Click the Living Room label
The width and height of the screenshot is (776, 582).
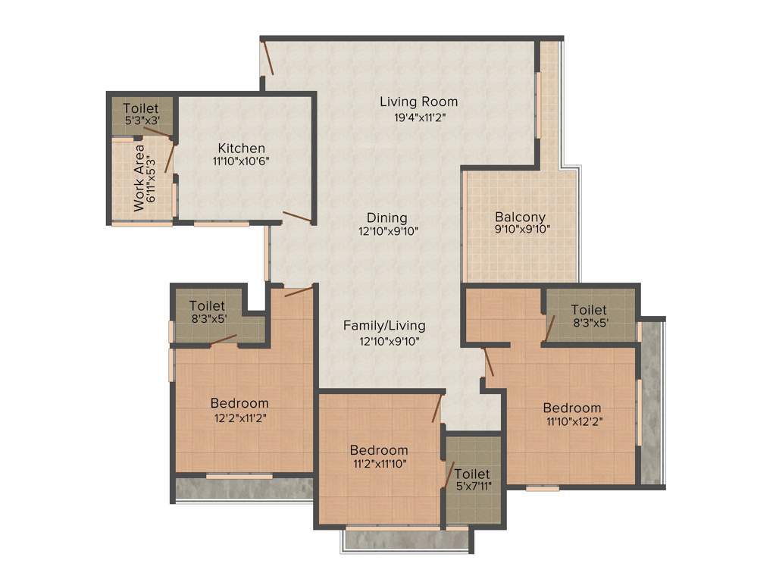[418, 102]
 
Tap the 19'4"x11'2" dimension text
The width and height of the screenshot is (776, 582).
[418, 117]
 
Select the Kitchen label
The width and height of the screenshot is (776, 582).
[242, 148]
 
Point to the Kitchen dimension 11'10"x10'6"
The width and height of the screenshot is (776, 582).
[242, 161]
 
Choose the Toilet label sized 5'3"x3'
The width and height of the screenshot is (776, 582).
[141, 109]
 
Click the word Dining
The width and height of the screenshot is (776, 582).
[387, 217]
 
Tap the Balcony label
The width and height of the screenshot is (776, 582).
[521, 217]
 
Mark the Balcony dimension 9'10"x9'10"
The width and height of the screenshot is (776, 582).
[521, 229]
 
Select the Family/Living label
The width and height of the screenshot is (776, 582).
[384, 326]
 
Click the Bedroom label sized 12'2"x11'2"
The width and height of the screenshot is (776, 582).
[239, 403]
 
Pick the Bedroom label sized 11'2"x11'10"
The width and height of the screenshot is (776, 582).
[379, 450]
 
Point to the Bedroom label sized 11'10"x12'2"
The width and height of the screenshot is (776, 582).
[572, 408]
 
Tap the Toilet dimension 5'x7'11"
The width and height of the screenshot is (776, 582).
[473, 485]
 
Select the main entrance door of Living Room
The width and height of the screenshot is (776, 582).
[266, 58]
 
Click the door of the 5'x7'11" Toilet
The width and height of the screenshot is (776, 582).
[449, 474]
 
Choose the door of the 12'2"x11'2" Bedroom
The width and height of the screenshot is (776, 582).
[299, 291]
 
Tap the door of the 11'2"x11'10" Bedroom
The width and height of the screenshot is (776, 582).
[437, 409]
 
